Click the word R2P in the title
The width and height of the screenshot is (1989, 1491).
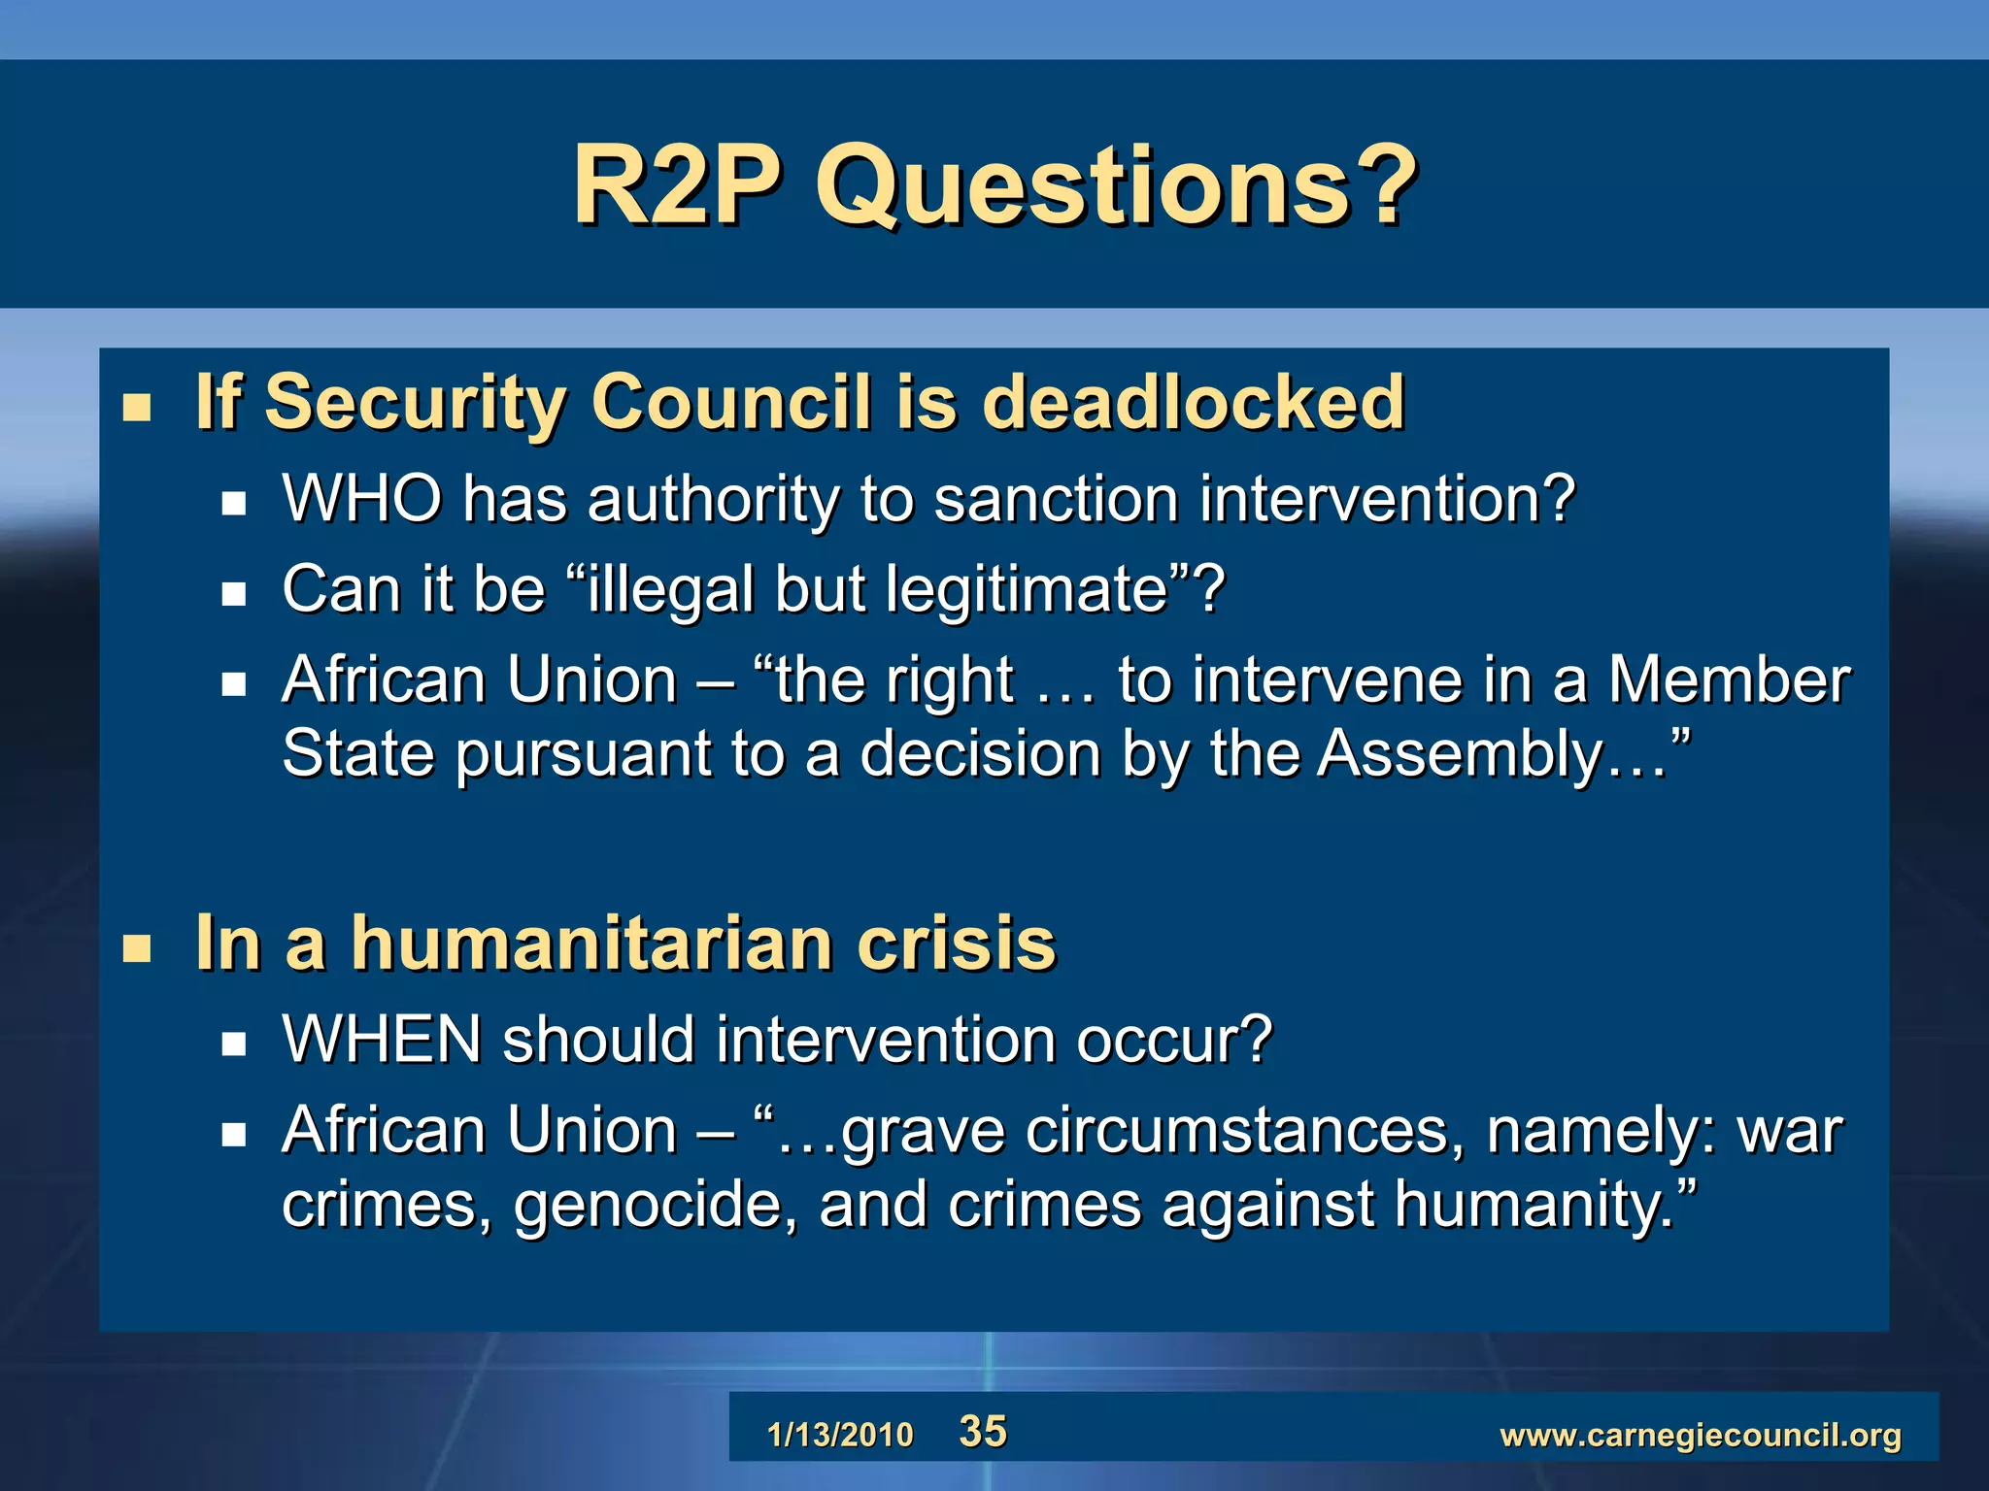676,184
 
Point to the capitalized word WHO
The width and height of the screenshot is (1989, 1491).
361,499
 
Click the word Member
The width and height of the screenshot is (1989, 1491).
1728,679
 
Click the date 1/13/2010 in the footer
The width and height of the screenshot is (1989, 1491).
840,1435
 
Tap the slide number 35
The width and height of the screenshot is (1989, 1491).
983,1432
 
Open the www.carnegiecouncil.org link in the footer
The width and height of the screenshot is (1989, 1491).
1700,1435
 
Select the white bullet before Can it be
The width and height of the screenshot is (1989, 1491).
233,594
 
